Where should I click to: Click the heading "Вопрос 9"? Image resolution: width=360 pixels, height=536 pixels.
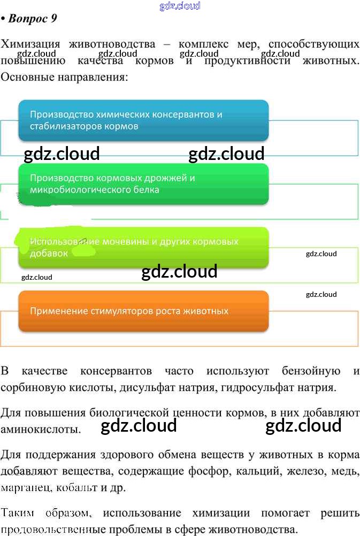[x=32, y=19]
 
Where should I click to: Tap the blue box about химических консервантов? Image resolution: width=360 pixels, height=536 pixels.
[x=143, y=120]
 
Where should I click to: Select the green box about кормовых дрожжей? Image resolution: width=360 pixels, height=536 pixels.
[x=143, y=183]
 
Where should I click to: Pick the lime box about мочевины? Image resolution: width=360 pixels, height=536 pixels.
[x=143, y=247]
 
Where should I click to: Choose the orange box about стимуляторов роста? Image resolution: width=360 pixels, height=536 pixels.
[x=143, y=311]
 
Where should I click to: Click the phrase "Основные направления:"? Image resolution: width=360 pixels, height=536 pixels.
[x=65, y=77]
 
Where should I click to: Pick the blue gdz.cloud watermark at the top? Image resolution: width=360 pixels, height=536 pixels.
[x=180, y=6]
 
